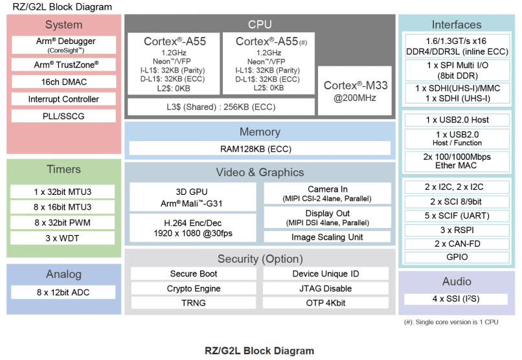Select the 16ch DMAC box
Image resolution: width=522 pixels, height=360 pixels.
(63, 82)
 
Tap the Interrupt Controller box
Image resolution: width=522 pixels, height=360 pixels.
(63, 99)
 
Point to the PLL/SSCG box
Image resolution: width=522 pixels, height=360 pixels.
(63, 116)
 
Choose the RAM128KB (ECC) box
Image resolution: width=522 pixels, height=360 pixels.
(260, 149)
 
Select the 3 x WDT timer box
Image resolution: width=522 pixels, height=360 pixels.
(63, 238)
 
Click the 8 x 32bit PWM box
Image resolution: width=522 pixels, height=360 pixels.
(63, 223)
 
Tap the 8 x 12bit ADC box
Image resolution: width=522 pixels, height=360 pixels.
(63, 292)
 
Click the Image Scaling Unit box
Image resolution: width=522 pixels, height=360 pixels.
(327, 237)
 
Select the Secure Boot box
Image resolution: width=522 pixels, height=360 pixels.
(193, 274)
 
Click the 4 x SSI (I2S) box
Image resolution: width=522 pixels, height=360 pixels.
(457, 298)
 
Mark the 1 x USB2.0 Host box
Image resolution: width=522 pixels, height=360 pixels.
(457, 120)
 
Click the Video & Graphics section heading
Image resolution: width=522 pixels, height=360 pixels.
(260, 172)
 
